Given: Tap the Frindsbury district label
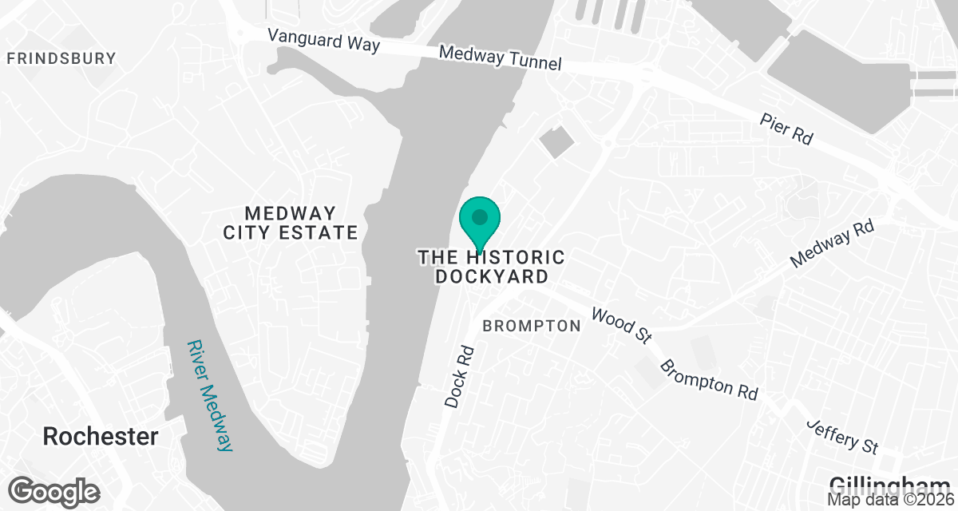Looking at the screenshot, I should coord(61,58).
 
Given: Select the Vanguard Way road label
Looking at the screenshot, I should coord(323,40).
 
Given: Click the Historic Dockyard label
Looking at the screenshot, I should coord(492,267).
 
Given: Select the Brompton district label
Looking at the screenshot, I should coord(532,326).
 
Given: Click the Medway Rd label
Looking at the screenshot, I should coord(832,244).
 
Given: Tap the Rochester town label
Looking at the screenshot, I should coord(101,437).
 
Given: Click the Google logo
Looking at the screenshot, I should coord(54,490).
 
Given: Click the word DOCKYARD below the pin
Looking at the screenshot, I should coord(492,277).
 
